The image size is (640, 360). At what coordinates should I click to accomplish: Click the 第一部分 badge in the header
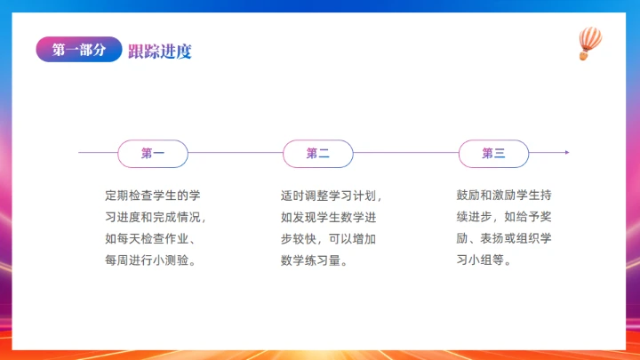(78, 50)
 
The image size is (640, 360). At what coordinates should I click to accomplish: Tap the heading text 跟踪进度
(160, 51)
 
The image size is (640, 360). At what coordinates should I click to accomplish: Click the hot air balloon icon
(589, 42)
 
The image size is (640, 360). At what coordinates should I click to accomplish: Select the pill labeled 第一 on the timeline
(153, 153)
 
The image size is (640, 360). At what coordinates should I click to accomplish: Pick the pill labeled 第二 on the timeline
(317, 153)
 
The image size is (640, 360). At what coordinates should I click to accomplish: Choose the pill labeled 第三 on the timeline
(493, 153)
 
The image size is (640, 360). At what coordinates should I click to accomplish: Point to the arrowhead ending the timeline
(566, 153)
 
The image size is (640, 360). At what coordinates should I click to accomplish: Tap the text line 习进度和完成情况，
(155, 216)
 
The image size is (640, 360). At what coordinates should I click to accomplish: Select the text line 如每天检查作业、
(150, 238)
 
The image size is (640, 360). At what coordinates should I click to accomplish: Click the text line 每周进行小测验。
(150, 260)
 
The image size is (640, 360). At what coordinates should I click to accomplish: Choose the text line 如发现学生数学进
(326, 216)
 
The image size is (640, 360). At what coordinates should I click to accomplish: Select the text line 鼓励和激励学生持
(503, 194)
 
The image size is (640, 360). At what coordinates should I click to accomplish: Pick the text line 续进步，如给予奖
(503, 216)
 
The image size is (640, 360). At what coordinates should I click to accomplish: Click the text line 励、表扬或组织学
(503, 238)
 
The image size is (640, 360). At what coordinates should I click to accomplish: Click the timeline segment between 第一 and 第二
(236, 153)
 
